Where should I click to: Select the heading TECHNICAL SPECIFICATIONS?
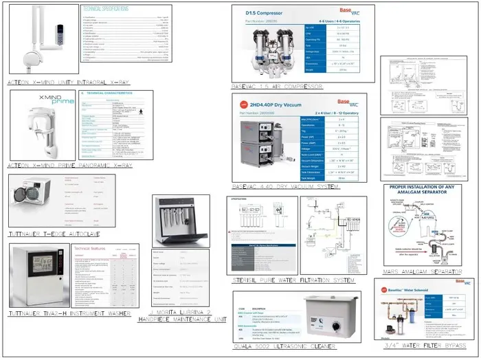click(x=107, y=9)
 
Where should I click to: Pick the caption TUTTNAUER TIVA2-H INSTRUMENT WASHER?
click(x=69, y=313)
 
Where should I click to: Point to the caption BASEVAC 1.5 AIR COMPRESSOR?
click(x=277, y=87)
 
